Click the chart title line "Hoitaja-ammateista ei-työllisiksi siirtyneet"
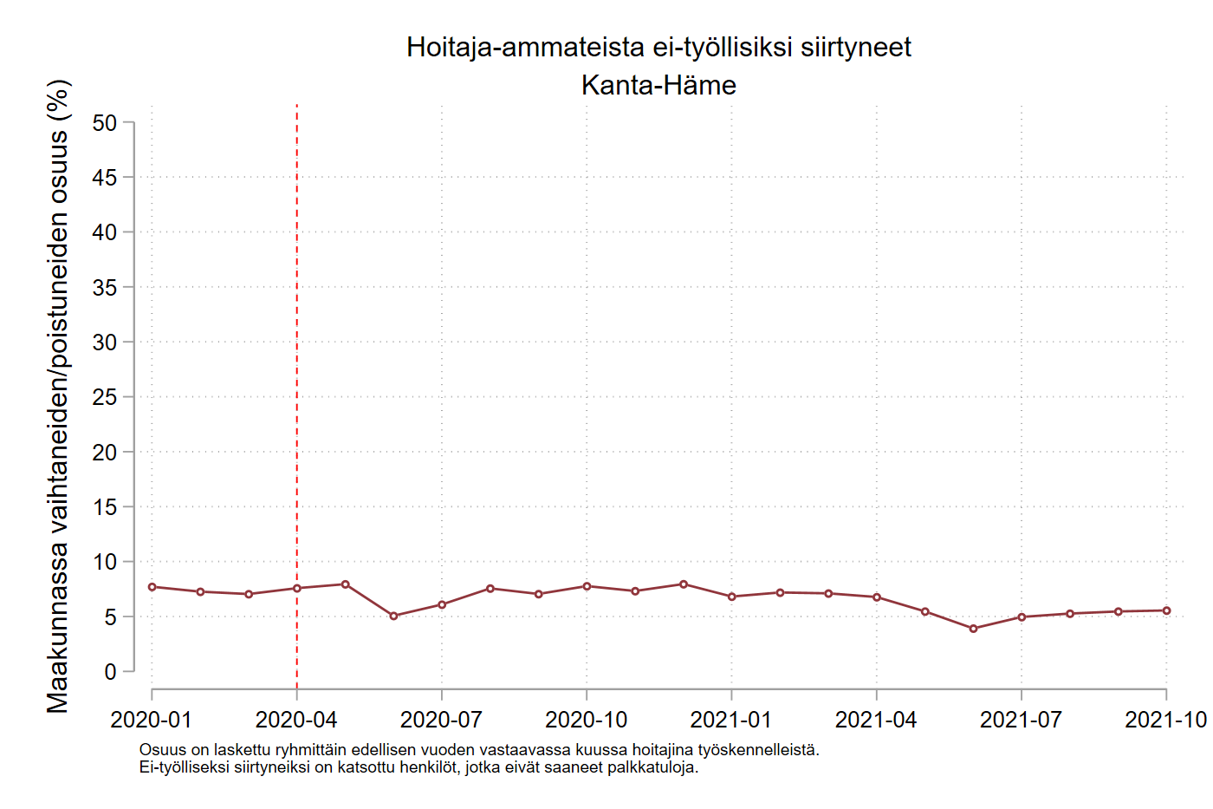658,47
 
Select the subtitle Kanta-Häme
658,85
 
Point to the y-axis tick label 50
104,123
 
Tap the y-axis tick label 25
104,397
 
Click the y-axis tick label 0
110,672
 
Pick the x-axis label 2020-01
152,720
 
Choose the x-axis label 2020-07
441,720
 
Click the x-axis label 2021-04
876,720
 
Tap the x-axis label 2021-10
1165,720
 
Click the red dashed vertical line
297,347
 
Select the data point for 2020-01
152,587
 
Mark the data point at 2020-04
297,589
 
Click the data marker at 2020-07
442,604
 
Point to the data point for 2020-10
587,586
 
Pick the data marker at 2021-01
732,597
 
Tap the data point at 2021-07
1022,617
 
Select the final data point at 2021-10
1166,610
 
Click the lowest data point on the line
973,629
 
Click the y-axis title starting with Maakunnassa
58,396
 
